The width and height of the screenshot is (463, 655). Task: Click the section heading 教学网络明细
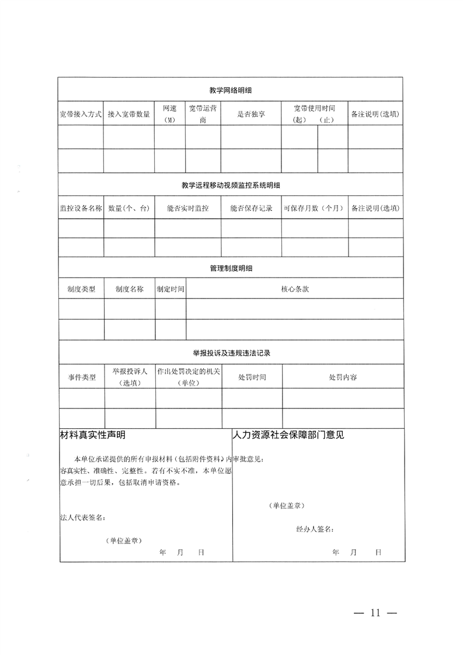(x=231, y=90)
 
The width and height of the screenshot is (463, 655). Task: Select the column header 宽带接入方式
(x=81, y=114)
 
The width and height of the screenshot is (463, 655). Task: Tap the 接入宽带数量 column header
(x=129, y=114)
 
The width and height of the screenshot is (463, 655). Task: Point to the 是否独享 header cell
(x=251, y=114)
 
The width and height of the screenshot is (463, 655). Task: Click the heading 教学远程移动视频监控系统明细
(x=231, y=185)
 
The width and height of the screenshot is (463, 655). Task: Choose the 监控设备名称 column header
(x=81, y=208)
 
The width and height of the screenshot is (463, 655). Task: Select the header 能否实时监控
(x=187, y=208)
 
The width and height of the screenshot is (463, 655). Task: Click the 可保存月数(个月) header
(x=315, y=208)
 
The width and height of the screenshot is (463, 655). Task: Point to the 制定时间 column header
(x=170, y=289)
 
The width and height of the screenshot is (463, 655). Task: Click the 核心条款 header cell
(x=295, y=289)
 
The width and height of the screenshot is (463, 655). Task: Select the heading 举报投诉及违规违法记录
(x=231, y=354)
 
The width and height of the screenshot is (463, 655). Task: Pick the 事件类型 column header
(x=81, y=377)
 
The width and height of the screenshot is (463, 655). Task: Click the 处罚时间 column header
(x=252, y=377)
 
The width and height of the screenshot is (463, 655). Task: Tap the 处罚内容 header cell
(x=343, y=377)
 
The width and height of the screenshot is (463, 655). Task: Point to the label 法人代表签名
(x=82, y=517)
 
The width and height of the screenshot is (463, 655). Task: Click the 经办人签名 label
(x=315, y=529)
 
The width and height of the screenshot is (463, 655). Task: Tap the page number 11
(x=375, y=613)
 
